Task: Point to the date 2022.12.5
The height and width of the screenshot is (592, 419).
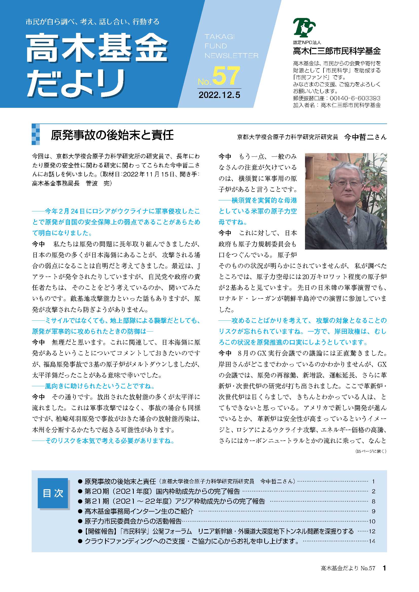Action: tap(219, 95)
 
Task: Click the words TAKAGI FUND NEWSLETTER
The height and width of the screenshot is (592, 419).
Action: tap(231, 46)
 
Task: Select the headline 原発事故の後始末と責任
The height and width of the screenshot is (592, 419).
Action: tap(112, 135)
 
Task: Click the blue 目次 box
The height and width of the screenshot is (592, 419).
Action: tap(53, 493)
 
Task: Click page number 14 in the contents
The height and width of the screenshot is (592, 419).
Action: tap(372, 541)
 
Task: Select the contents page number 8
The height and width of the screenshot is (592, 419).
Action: tap(373, 501)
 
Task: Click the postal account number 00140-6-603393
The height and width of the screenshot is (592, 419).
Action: tap(355, 98)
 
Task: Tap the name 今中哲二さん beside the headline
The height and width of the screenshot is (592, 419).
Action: tap(365, 137)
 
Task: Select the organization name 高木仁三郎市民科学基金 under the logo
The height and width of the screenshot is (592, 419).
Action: tap(337, 51)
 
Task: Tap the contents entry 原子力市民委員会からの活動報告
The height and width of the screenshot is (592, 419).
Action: tap(133, 521)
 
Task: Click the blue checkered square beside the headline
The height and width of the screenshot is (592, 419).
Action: tap(36, 134)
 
